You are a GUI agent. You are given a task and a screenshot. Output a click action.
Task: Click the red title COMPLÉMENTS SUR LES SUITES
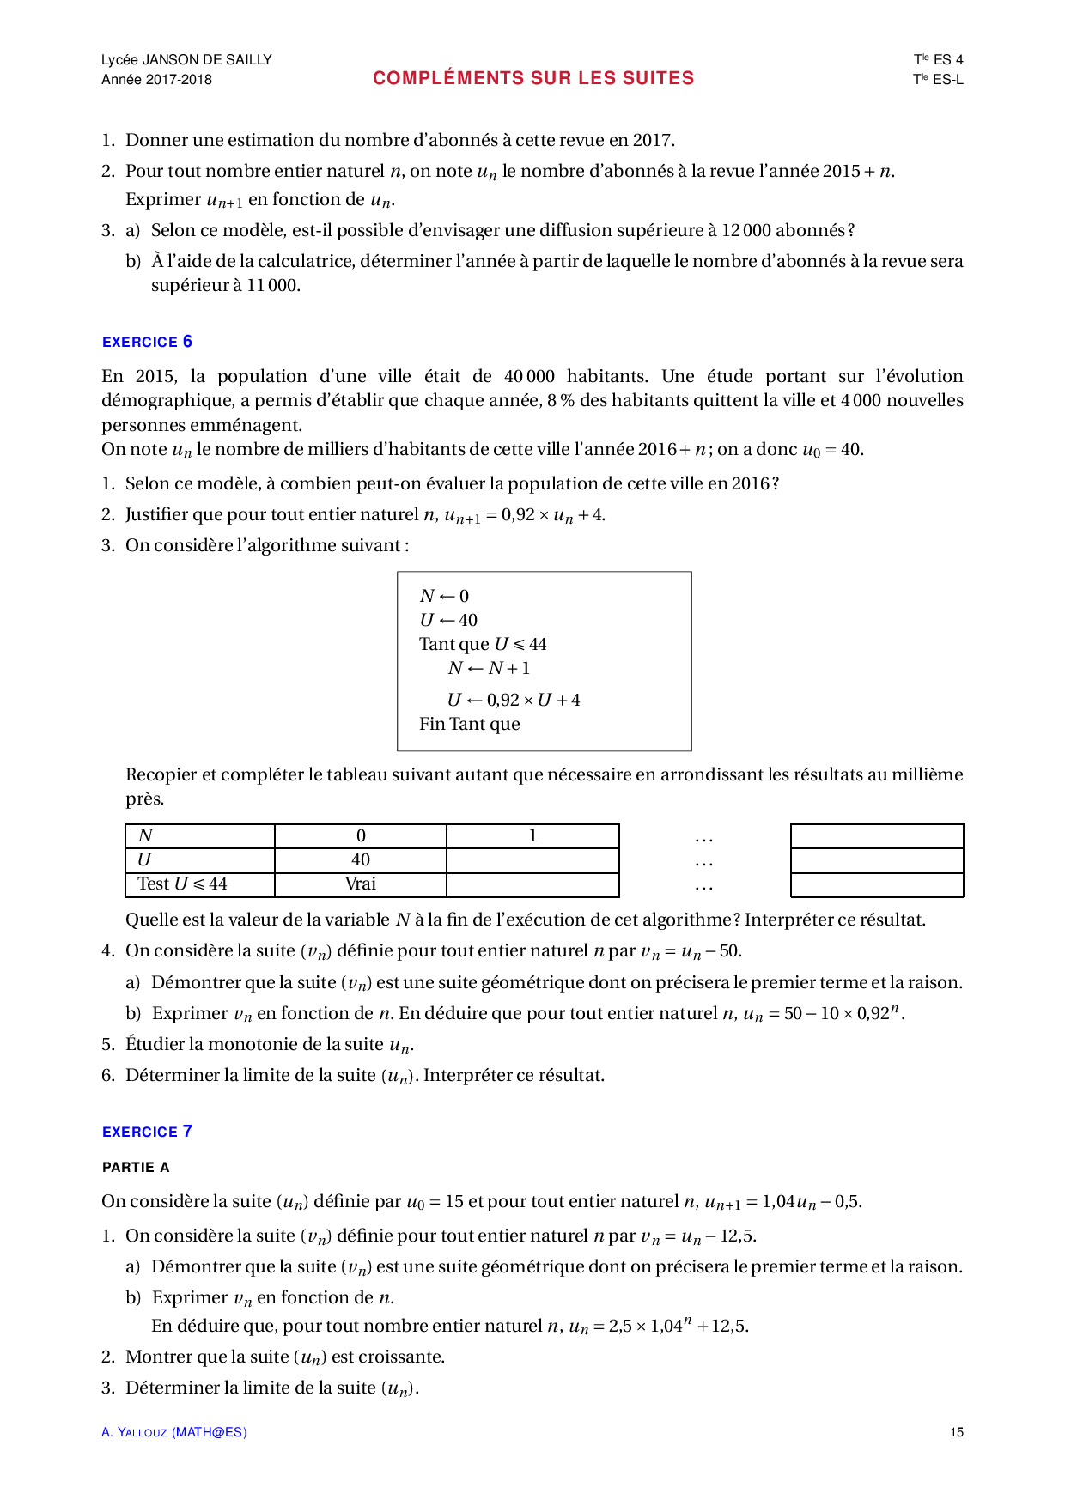pos(533,78)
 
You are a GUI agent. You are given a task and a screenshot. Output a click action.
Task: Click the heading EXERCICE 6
pos(147,342)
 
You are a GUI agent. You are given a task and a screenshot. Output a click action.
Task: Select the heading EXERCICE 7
pos(147,1132)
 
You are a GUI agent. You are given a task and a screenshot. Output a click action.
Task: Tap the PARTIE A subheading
pos(136,1167)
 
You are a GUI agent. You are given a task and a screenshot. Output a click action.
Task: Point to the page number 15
pos(957,1432)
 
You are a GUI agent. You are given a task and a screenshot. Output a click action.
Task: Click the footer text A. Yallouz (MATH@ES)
pos(174,1432)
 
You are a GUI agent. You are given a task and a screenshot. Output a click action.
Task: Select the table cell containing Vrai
pos(361,884)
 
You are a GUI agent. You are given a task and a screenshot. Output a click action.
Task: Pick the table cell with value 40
pos(361,860)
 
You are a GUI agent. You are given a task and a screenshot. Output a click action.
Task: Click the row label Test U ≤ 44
pos(182,884)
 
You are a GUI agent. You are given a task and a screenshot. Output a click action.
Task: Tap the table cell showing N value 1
pos(532,836)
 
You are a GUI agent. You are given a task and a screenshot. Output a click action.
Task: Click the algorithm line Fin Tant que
pos(470,724)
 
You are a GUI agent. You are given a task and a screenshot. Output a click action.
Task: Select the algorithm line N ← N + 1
pos(489,669)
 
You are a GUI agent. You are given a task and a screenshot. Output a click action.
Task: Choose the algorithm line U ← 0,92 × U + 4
pos(514,700)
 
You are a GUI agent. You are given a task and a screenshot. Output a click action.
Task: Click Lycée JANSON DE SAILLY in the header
pos(186,59)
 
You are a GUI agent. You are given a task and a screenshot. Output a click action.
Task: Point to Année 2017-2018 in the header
pos(156,80)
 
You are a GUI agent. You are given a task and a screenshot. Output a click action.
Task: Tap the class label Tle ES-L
pos(938,80)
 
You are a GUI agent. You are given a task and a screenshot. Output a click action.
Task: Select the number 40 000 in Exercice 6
pos(529,376)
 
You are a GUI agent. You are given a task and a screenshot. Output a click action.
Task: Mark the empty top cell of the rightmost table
pos(877,836)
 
